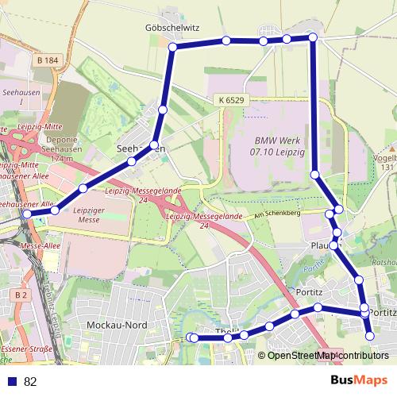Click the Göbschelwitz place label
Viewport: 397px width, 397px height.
172,26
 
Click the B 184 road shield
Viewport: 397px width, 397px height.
48,60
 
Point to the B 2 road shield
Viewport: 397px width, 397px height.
21,295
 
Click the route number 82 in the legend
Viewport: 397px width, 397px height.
31,382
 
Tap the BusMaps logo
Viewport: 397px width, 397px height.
358,380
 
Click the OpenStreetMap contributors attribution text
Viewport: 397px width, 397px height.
328,356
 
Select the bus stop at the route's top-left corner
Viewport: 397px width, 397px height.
172,48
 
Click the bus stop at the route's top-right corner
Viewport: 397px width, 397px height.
313,37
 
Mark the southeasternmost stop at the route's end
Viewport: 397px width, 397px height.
369,337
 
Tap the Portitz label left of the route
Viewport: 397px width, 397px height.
308,291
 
